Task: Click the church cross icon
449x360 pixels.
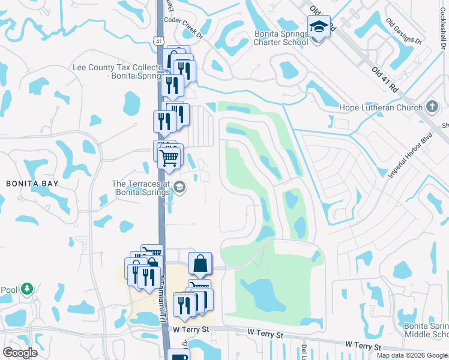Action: click(432, 106)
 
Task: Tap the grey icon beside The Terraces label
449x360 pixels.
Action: click(179, 188)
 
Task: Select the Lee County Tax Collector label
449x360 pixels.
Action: click(118, 72)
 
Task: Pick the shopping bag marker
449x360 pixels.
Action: click(200, 263)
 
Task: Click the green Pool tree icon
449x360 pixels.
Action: click(26, 289)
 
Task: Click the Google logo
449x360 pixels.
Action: click(20, 353)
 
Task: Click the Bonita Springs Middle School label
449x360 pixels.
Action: click(426, 329)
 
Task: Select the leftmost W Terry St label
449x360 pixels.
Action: click(190, 329)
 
